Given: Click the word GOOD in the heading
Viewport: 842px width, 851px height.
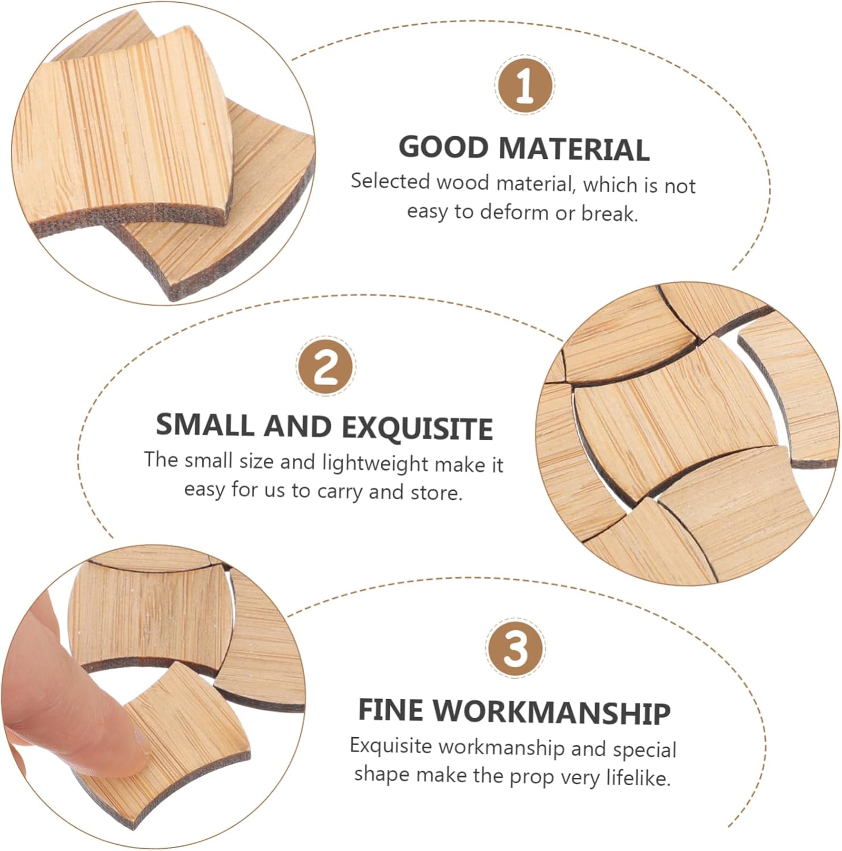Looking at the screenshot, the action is [444, 148].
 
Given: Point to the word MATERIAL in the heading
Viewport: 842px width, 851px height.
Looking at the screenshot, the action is [574, 149].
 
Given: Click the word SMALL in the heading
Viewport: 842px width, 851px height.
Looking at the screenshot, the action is [204, 425].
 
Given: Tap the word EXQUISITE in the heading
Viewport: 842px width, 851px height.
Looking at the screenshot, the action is [417, 428].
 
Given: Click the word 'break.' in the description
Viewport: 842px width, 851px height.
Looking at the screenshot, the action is [609, 213].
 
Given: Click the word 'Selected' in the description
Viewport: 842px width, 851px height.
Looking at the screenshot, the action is [390, 181].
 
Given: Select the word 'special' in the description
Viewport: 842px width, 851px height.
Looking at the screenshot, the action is [645, 749].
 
